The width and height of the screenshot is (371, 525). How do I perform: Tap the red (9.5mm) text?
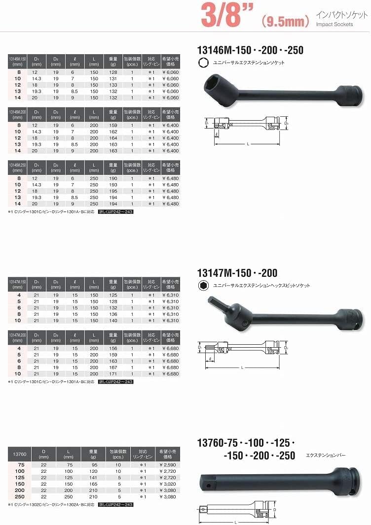[x=285, y=21]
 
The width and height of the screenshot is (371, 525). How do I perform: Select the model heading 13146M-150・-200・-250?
[x=250, y=50]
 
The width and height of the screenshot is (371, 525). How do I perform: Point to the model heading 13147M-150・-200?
[x=237, y=273]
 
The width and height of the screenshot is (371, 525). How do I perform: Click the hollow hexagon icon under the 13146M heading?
[x=202, y=63]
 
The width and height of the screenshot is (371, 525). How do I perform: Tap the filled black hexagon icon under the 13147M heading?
[x=202, y=286]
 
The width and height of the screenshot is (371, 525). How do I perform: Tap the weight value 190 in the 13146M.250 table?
[x=112, y=178]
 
